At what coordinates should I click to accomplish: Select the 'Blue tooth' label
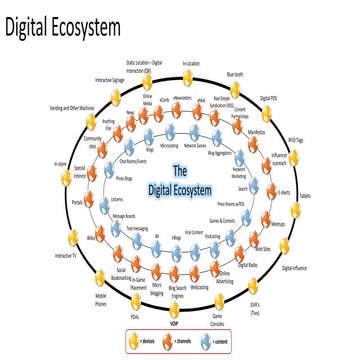(263, 73)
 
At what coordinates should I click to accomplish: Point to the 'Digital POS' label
(297, 98)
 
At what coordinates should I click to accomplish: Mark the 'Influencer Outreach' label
(277, 157)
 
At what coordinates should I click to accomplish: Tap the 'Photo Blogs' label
(126, 179)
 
